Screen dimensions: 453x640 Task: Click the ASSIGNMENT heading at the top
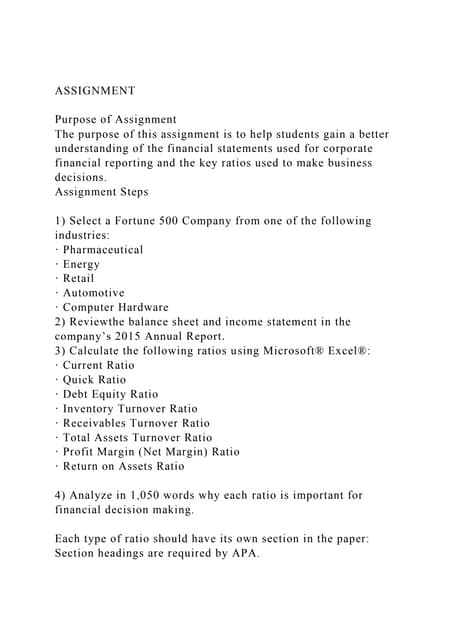click(95, 91)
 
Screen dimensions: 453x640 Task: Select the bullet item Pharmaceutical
click(103, 249)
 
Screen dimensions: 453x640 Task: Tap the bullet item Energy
click(81, 264)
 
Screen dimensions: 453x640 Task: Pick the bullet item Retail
click(80, 278)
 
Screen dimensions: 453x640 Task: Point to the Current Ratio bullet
click(98, 365)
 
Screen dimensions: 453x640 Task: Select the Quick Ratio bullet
click(94, 380)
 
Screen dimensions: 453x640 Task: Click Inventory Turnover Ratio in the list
click(130, 408)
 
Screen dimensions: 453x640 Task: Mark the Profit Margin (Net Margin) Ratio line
click(151, 451)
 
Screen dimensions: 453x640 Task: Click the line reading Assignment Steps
click(101, 191)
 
